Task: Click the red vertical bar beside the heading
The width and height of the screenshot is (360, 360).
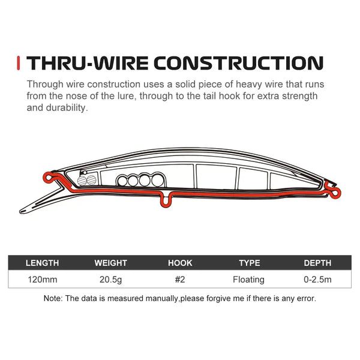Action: pyautogui.click(x=19, y=63)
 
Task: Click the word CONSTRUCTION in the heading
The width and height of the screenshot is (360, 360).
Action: pyautogui.click(x=238, y=63)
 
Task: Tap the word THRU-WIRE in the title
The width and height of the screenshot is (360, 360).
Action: pyautogui.click(x=88, y=63)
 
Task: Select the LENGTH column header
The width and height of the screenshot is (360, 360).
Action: pyautogui.click(x=42, y=263)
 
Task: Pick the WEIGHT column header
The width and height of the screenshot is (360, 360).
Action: pyautogui.click(x=110, y=263)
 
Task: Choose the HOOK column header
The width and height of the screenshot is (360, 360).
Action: pyautogui.click(x=180, y=263)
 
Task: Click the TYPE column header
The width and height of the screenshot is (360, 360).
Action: pyautogui.click(x=250, y=263)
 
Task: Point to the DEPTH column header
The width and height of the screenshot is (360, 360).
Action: pyautogui.click(x=317, y=263)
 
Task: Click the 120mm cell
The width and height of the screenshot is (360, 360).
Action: pyautogui.click(x=43, y=280)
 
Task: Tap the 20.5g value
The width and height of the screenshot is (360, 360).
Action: pyautogui.click(x=110, y=280)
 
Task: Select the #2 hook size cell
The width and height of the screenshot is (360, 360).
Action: pyautogui.click(x=180, y=280)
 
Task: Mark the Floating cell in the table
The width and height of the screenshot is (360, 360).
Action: pyautogui.click(x=248, y=280)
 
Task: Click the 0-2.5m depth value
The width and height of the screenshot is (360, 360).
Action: pyautogui.click(x=317, y=280)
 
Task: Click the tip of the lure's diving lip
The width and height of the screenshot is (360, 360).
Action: pyautogui.click(x=21, y=211)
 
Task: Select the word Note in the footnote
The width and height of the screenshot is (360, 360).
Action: pyautogui.click(x=52, y=298)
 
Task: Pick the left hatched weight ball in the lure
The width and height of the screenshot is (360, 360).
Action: pyautogui.click(x=82, y=181)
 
